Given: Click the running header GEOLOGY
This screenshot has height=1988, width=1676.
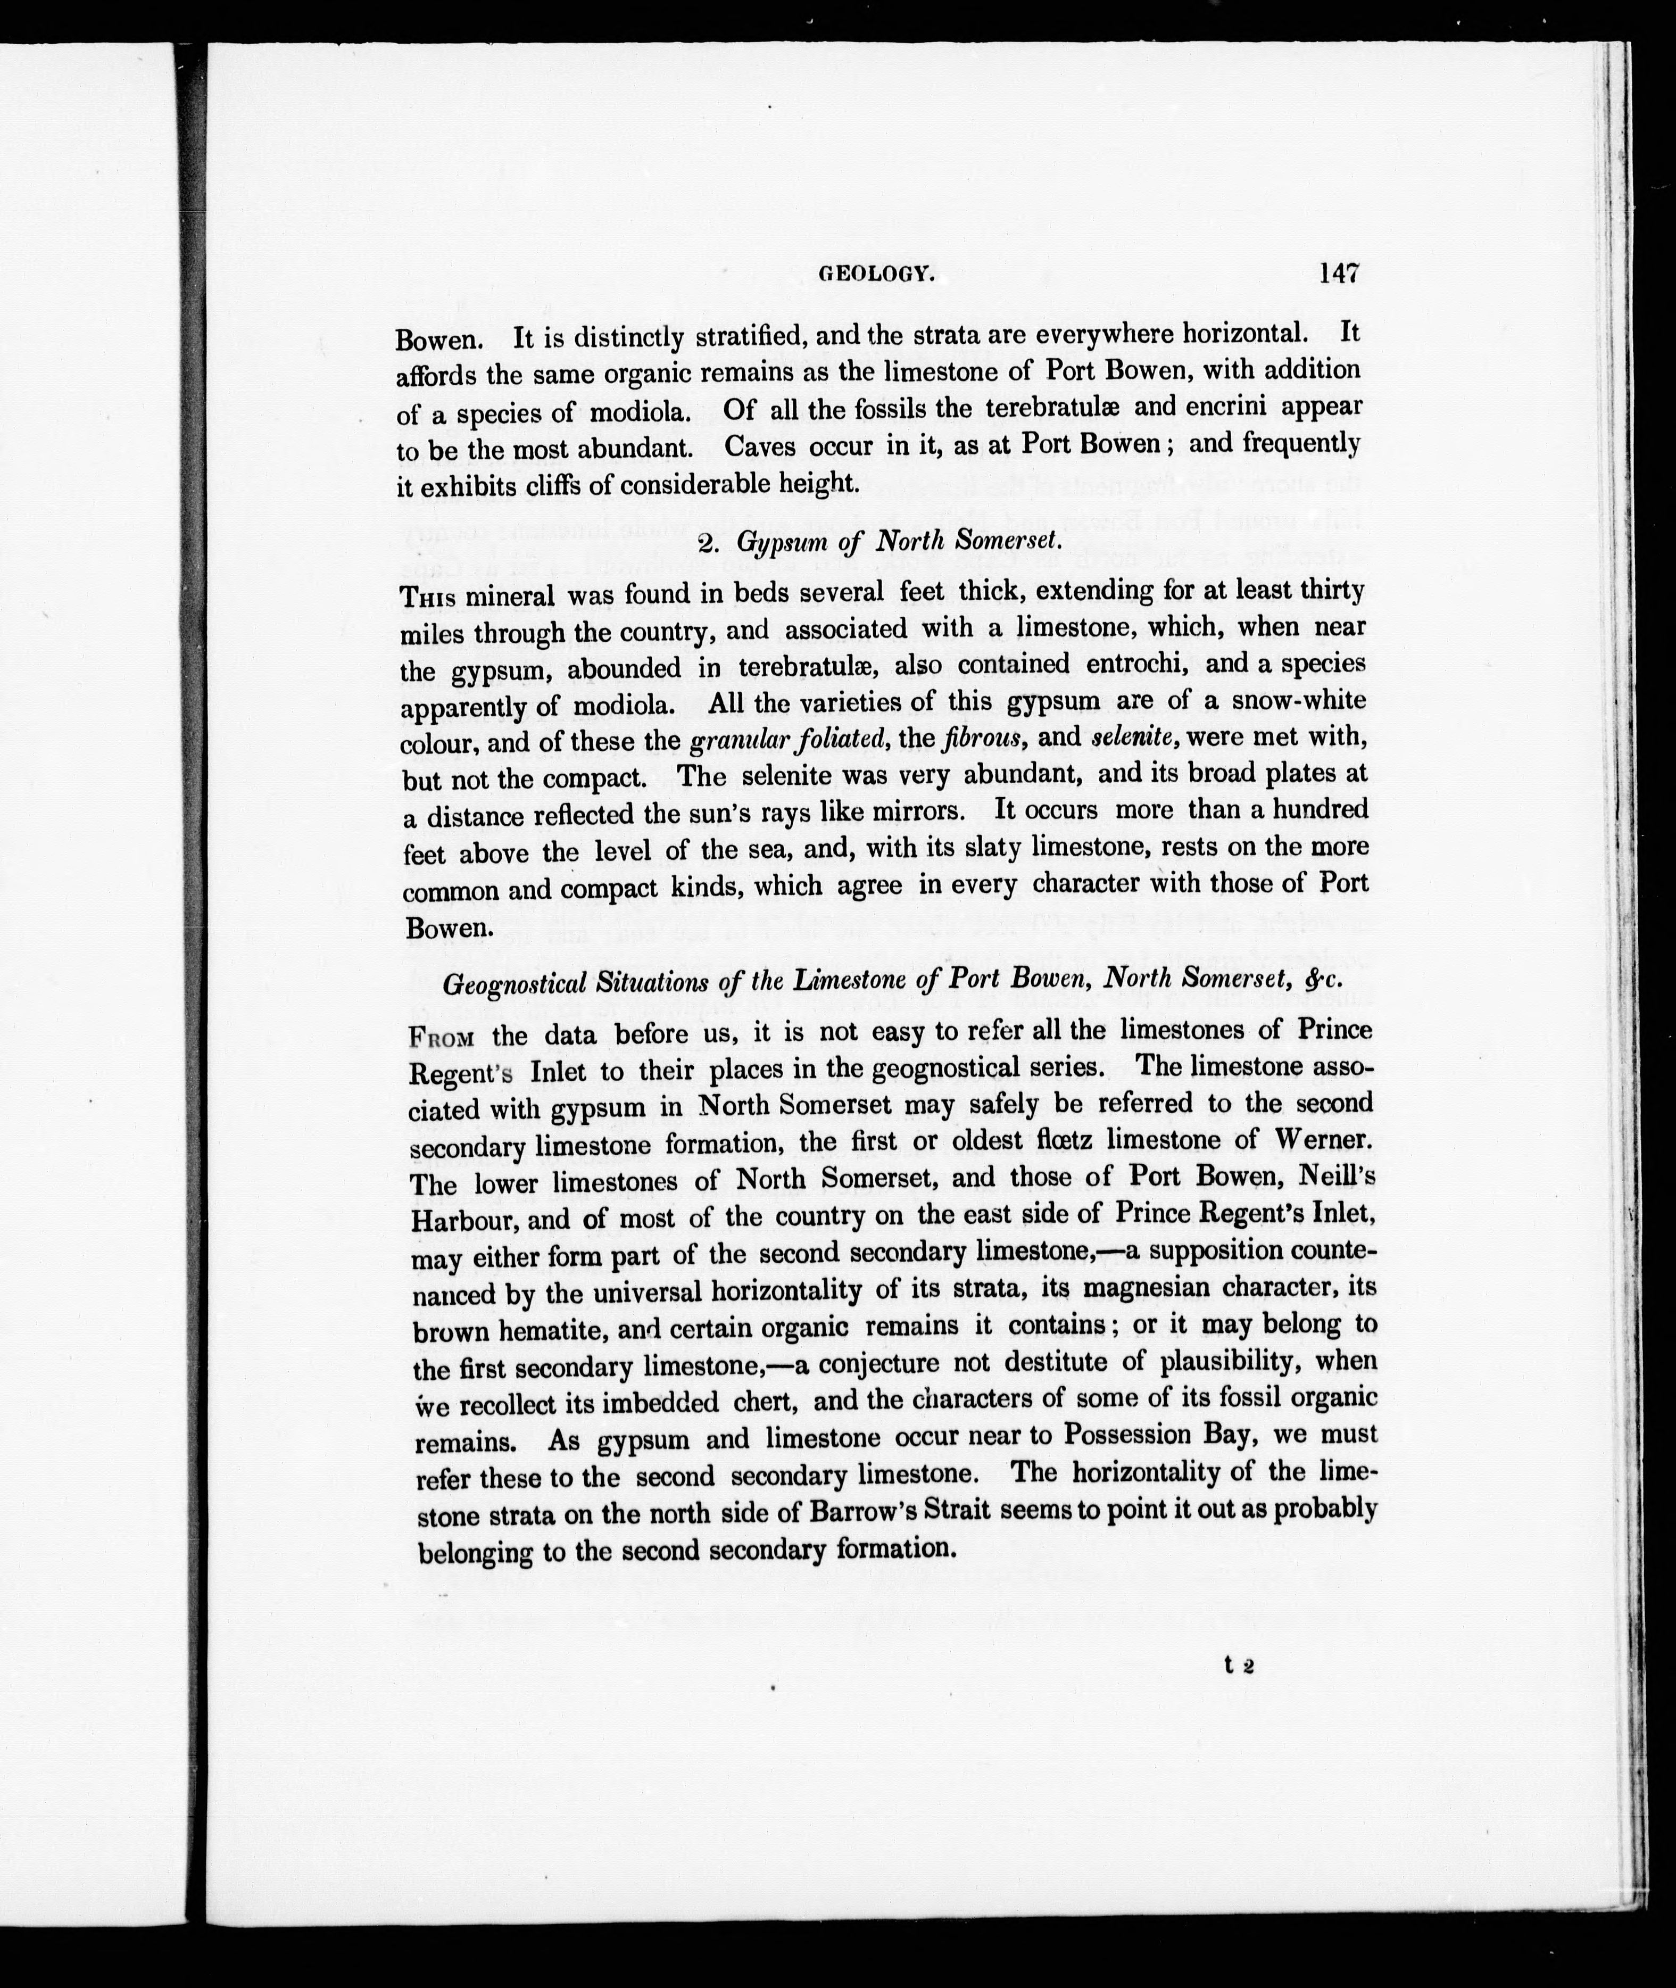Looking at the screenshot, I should [877, 275].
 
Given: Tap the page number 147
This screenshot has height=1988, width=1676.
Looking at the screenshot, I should [1338, 273].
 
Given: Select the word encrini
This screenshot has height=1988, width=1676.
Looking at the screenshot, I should [1222, 407].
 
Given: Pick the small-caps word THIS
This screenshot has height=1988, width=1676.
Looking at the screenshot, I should [429, 598].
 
